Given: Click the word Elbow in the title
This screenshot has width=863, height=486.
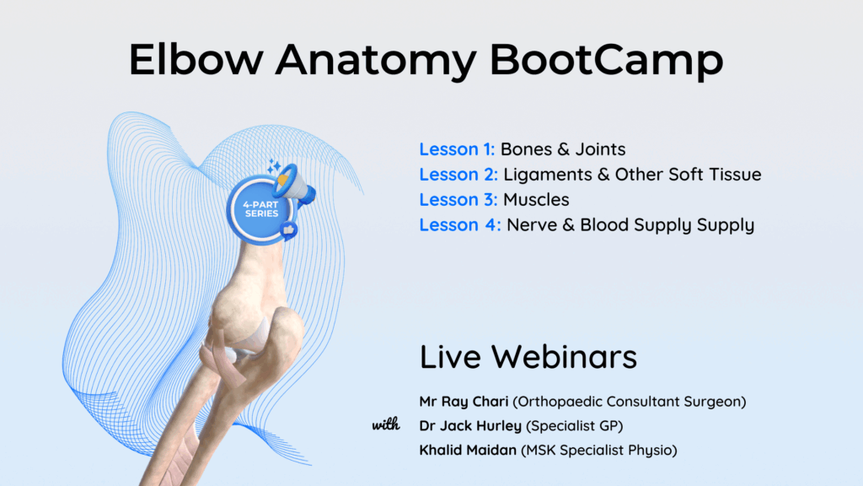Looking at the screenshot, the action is coord(196,59).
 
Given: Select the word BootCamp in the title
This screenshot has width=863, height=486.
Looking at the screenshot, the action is coord(606,62).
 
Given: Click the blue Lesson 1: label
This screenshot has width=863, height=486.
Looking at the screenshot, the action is coord(457,149).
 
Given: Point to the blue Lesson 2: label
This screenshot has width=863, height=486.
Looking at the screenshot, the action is coord(458,175).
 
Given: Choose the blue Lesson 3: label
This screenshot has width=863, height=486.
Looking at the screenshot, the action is coord(458,199).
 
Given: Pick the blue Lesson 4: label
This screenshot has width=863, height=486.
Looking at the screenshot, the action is coord(460,224).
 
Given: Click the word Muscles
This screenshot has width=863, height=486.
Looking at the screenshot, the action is coord(536,199).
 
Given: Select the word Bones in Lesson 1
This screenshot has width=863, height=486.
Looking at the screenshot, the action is coord(527,149).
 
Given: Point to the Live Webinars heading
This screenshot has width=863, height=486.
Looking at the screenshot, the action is coord(528,357).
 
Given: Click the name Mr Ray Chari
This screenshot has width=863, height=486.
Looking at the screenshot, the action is coord(464,402).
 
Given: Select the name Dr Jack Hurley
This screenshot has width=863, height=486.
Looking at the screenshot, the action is coord(470,426).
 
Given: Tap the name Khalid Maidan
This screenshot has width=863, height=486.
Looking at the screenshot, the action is coord(468,451).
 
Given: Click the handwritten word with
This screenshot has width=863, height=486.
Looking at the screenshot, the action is coord(386,425).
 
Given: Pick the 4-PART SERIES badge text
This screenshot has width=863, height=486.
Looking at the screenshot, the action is coord(261,209).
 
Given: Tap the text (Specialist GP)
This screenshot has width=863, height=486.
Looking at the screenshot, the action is coord(575,426).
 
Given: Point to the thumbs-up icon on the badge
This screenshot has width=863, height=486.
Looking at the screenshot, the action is coord(288,229).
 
